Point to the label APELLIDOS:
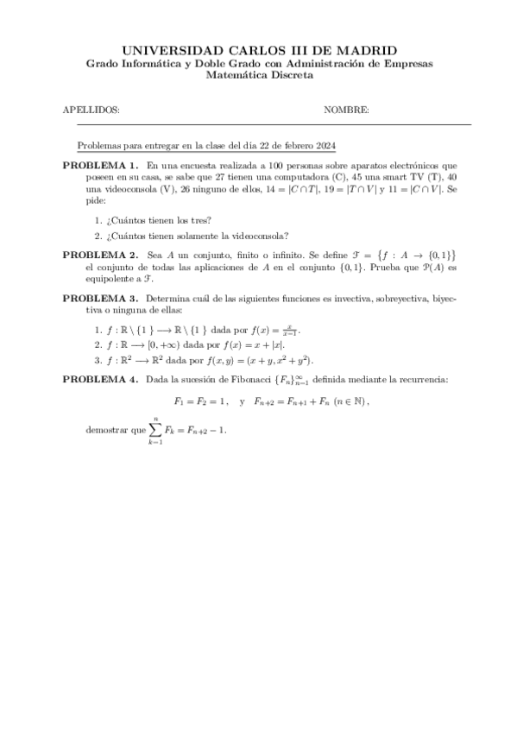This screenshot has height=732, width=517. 91,110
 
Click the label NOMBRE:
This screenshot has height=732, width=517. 346,110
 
